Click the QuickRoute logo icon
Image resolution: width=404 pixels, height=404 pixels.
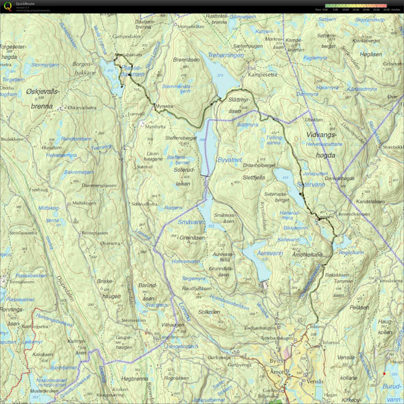click(x=7, y=6)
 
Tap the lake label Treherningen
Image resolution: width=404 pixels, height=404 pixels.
click(x=226, y=55)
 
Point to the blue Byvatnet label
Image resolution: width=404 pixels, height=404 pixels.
click(x=230, y=160)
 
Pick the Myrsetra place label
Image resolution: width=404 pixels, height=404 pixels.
click(x=164, y=106)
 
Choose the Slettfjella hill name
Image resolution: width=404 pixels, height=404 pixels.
click(x=253, y=178)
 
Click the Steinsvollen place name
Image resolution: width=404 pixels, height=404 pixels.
click(x=133, y=320)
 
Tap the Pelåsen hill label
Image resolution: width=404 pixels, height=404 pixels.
click(x=359, y=307)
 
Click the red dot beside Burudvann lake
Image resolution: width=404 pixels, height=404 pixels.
click(x=384, y=373)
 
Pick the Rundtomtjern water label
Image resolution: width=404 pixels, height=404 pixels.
click(x=76, y=139)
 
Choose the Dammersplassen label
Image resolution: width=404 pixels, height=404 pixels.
click(x=99, y=185)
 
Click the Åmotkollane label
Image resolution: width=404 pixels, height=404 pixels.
click(x=307, y=254)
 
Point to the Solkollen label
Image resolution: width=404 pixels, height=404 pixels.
click(x=209, y=312)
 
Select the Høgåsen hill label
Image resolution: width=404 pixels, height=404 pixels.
click(x=371, y=54)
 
